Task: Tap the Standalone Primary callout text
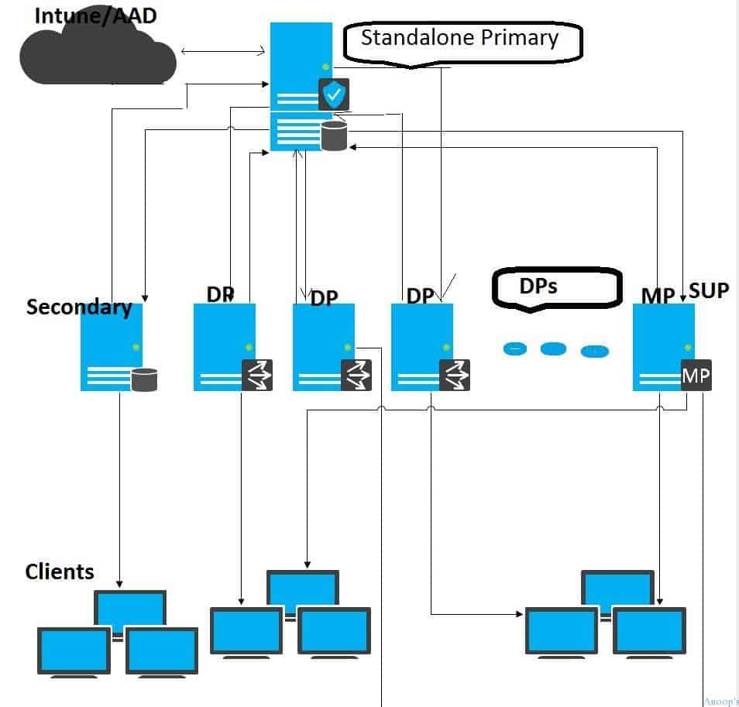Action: (x=459, y=38)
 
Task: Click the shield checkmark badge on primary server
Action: (x=334, y=94)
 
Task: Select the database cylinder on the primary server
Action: (x=333, y=136)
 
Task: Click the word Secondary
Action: (x=78, y=307)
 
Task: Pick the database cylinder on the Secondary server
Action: (x=144, y=379)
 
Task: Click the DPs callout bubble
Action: (x=555, y=287)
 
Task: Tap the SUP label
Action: (x=708, y=291)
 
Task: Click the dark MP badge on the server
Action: (x=696, y=376)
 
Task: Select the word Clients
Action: (x=60, y=571)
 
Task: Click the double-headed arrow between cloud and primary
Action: (x=223, y=52)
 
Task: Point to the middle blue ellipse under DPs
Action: (x=553, y=349)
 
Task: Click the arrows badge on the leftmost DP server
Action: (x=257, y=376)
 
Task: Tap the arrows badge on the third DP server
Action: (x=455, y=376)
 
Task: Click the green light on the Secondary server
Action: (x=136, y=346)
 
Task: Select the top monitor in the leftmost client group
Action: (x=130, y=608)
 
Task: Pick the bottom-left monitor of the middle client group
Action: (x=246, y=631)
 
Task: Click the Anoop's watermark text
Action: (x=720, y=702)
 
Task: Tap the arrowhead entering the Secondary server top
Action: (x=145, y=298)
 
